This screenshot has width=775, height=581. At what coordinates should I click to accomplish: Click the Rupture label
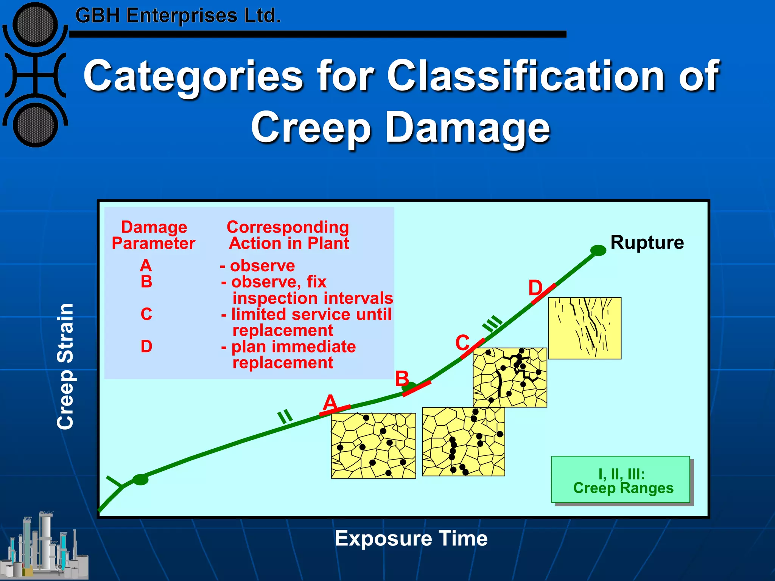647,242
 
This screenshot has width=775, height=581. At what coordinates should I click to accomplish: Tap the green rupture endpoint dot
598,250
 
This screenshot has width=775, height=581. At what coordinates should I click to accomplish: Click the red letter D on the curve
535,288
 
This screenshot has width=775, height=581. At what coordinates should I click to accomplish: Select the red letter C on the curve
462,343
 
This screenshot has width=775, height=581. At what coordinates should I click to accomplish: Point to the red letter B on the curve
402,379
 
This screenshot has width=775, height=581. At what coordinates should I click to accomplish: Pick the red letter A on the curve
330,402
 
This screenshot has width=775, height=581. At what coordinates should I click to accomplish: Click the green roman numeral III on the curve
492,324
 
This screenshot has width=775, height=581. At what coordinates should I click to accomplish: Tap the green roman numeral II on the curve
285,416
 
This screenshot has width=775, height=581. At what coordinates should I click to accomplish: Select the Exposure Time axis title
411,538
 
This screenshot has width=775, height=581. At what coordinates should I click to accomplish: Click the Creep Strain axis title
65,366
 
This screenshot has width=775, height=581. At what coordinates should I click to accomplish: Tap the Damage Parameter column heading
153,235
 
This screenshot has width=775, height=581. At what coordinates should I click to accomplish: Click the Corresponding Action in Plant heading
288,235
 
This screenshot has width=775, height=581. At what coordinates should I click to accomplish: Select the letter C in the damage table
146,314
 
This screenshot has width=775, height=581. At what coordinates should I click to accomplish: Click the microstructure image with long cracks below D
585,328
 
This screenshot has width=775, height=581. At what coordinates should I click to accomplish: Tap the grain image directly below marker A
373,446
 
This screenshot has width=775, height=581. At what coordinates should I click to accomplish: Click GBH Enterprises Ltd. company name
178,16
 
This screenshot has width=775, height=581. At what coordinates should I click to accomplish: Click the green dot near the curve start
140,480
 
